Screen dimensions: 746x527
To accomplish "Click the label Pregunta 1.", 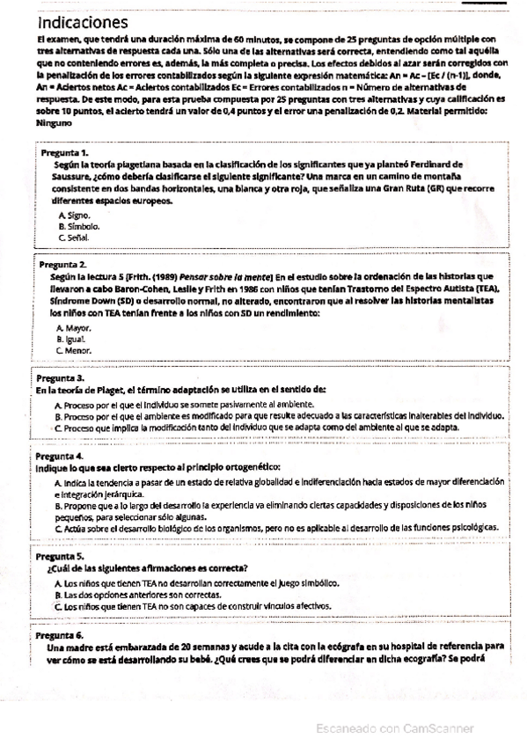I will coord(65,153).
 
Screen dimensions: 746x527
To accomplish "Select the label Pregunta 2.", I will coord(64,264).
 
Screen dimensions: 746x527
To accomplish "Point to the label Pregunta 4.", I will coord(60,457).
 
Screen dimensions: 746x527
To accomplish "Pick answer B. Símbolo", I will coord(79,226).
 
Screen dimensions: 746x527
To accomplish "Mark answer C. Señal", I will coord(74,238).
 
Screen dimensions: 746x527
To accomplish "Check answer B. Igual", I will coord(73,339).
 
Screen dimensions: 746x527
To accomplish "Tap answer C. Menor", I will coord(75,350).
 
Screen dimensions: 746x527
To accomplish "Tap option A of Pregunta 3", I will coord(185,404).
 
